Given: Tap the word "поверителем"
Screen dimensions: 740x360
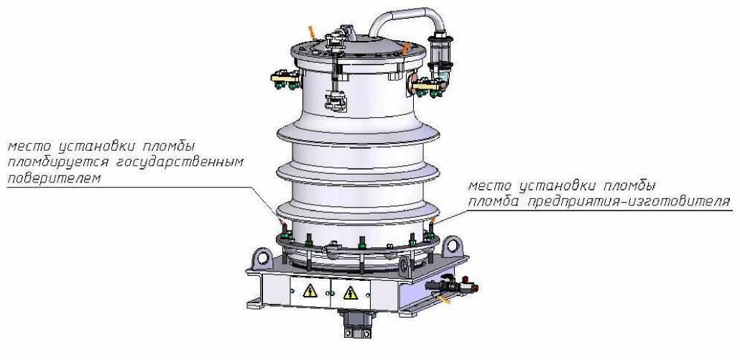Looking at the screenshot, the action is (54, 178).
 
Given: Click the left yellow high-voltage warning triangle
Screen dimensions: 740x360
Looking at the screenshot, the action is (310, 290).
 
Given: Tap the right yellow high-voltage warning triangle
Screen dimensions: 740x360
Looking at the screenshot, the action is (350, 292).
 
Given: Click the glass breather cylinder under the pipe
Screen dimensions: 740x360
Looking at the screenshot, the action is (440, 58).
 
